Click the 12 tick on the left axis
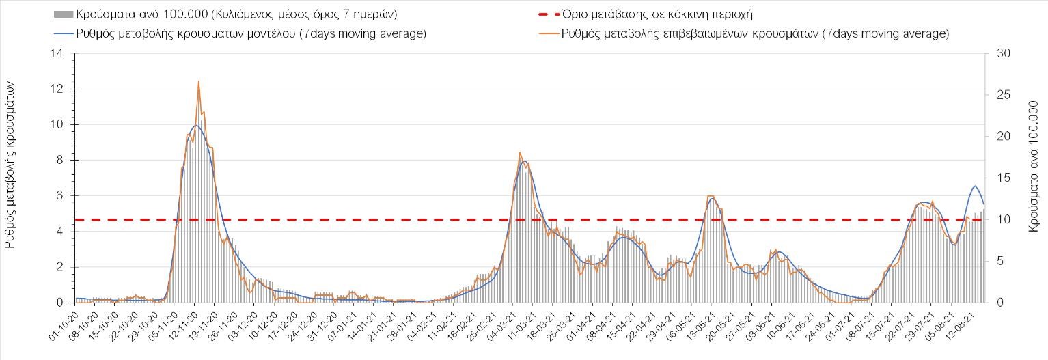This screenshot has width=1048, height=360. click(x=60, y=89)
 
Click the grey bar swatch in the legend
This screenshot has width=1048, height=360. click(x=63, y=14)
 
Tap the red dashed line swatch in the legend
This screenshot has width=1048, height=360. click(x=544, y=14)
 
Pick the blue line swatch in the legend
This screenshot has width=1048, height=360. click(x=63, y=33)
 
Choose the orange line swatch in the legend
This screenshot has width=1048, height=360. click(x=544, y=33)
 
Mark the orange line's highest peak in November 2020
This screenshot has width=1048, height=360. click(x=199, y=81)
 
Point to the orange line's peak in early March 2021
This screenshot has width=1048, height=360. click(x=520, y=152)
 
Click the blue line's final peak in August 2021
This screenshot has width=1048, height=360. click(x=975, y=186)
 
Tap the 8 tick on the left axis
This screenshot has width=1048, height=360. click(x=62, y=161)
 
